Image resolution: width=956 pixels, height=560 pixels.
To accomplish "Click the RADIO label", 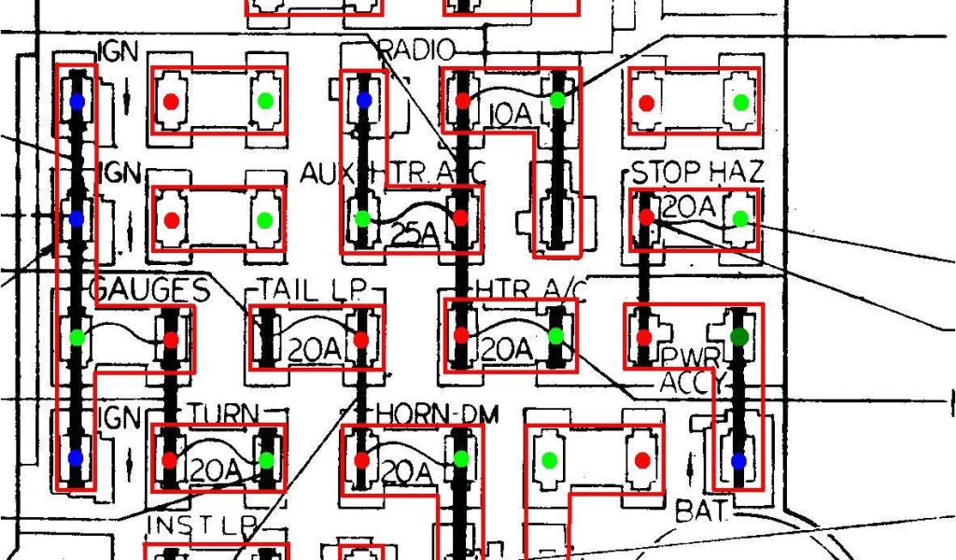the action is click(x=417, y=50).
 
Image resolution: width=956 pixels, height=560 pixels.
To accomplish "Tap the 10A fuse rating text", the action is click(x=509, y=115).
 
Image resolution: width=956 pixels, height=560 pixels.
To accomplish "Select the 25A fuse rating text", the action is click(x=411, y=234).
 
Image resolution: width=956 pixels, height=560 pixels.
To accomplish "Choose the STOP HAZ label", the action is click(x=696, y=172).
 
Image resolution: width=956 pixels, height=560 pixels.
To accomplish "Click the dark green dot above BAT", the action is click(x=739, y=336).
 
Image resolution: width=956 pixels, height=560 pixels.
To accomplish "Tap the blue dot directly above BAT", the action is click(x=739, y=460).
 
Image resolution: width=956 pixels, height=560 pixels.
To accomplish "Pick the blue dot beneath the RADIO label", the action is click(x=364, y=99).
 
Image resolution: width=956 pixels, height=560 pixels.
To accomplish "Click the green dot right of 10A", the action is click(x=557, y=99).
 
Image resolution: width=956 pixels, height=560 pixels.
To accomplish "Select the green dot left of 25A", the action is click(x=362, y=219).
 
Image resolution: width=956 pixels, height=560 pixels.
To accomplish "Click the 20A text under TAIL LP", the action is click(x=315, y=349).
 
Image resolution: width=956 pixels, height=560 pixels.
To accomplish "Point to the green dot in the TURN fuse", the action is click(x=267, y=459).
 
